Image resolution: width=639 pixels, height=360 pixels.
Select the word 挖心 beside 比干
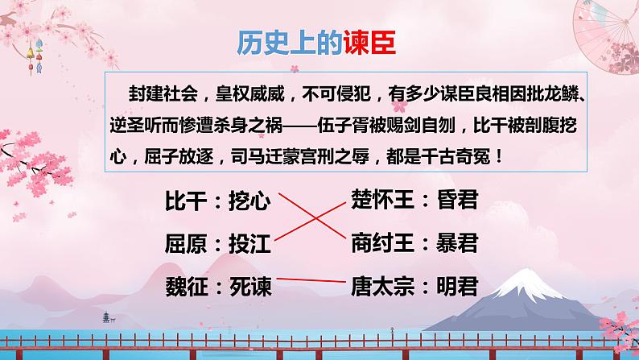click(x=250, y=201)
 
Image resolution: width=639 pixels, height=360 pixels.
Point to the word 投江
click(x=250, y=242)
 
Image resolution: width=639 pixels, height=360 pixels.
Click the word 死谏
click(x=250, y=285)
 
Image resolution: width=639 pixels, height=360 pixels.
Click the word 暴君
click(x=456, y=241)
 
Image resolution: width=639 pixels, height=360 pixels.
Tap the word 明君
click(x=456, y=285)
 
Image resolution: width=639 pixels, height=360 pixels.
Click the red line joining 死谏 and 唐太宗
click(x=310, y=281)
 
